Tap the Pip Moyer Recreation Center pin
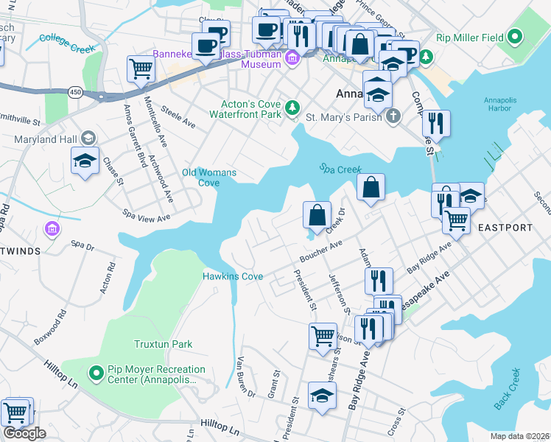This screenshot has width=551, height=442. [x=95, y=373]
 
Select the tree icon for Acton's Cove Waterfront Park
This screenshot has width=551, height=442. [x=293, y=108]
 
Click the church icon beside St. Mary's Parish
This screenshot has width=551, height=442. [x=393, y=116]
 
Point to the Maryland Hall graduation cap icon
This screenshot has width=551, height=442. [x=88, y=138]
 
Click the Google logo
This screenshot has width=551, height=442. [x=24, y=432]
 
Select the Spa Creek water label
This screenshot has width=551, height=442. [x=340, y=169]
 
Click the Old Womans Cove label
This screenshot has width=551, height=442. [x=209, y=178]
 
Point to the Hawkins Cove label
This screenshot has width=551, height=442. [x=233, y=276]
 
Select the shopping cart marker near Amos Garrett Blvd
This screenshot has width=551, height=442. [x=140, y=69]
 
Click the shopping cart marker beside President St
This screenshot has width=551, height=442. [x=323, y=336]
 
